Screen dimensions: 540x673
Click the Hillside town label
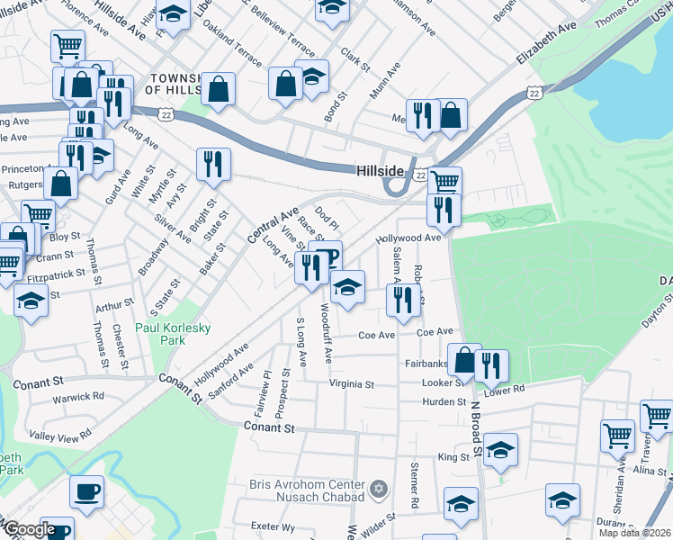(382, 170)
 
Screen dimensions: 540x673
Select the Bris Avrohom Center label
(307, 490)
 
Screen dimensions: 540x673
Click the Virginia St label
(351, 384)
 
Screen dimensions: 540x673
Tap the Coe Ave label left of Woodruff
(377, 335)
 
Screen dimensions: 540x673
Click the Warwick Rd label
(79, 396)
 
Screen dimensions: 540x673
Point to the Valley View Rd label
(61, 433)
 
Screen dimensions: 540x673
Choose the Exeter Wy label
(274, 526)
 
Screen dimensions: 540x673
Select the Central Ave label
(273, 226)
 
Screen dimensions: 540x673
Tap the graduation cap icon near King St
(502, 448)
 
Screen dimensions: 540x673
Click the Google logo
(31, 529)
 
